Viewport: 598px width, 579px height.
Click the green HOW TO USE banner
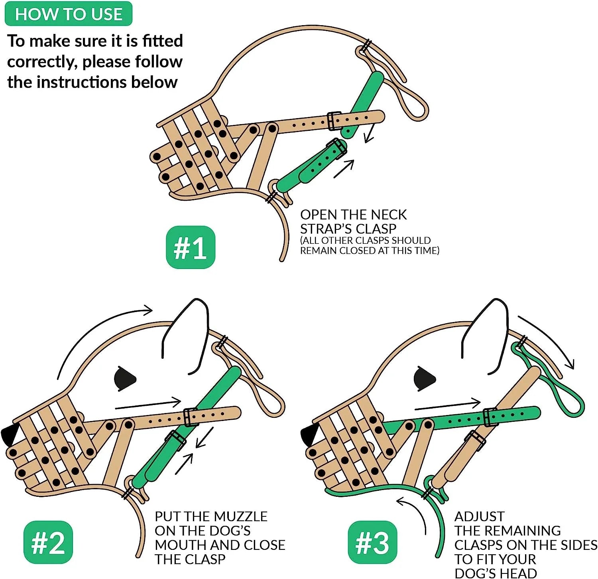[x=68, y=14]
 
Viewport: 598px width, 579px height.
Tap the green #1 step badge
[x=191, y=247]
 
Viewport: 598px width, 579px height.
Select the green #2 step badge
[x=48, y=542]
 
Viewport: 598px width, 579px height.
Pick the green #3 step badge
[x=372, y=542]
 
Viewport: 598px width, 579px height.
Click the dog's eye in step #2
[x=124, y=378]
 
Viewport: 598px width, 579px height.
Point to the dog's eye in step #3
[x=424, y=378]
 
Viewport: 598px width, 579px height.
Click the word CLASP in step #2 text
[x=205, y=559]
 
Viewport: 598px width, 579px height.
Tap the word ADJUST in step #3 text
[x=480, y=516]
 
